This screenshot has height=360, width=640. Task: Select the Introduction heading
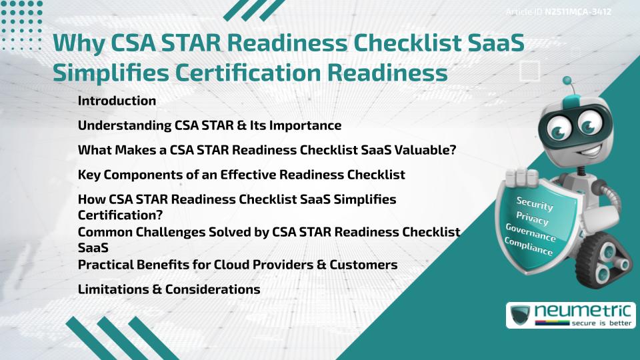point(117,101)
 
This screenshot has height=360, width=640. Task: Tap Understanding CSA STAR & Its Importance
point(209,125)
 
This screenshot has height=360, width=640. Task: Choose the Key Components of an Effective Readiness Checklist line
point(241,175)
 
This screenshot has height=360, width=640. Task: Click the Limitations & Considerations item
point(169,289)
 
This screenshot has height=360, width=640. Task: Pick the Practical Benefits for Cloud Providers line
point(237,265)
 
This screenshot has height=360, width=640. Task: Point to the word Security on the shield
point(535,204)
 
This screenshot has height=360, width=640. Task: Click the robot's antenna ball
point(569,85)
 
